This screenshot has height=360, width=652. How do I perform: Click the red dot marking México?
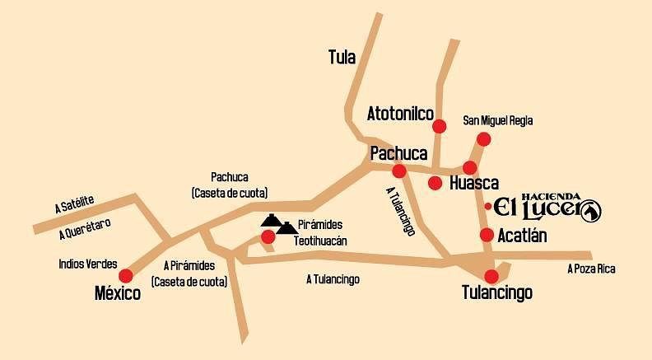point(126,275)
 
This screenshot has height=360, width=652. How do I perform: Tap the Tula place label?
point(342,57)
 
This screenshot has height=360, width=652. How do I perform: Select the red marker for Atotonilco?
point(440,126)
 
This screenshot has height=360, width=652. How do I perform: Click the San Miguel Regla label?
point(498,120)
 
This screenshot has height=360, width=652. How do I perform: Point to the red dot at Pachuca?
point(399,171)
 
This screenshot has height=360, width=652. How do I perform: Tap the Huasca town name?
point(474,183)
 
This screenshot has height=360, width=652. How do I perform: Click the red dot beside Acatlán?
point(487,235)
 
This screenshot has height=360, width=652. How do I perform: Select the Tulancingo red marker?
point(491,276)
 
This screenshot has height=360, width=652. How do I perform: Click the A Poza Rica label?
point(591,269)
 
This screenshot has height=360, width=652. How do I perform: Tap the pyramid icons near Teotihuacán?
point(279,223)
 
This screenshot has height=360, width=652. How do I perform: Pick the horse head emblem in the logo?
point(590,212)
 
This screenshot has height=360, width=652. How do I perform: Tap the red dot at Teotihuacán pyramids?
point(268,237)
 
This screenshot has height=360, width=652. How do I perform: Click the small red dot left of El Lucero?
point(488,206)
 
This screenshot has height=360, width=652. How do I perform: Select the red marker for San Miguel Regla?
point(484,138)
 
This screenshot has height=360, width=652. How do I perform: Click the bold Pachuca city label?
point(398,153)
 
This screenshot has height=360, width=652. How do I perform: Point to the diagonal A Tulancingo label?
point(400,211)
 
